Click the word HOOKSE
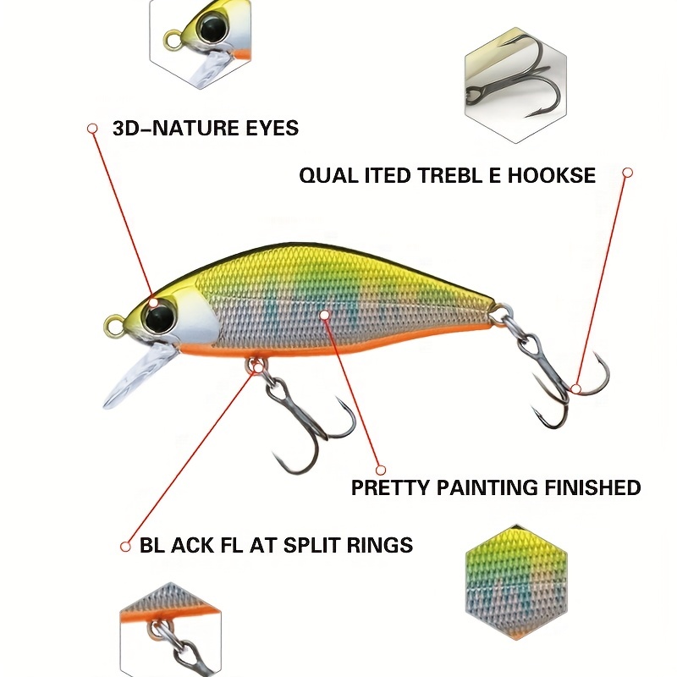pos(552,176)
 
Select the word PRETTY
pos(390,487)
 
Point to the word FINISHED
pos(592,487)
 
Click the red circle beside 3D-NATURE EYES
pos(92,129)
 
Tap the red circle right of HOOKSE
pos(628,173)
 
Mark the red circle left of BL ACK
pos(125,547)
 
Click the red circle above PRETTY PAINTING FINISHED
pos(380,470)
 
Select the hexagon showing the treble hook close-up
pos(516,85)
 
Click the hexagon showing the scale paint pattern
pos(516,582)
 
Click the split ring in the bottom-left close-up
pos(158,633)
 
